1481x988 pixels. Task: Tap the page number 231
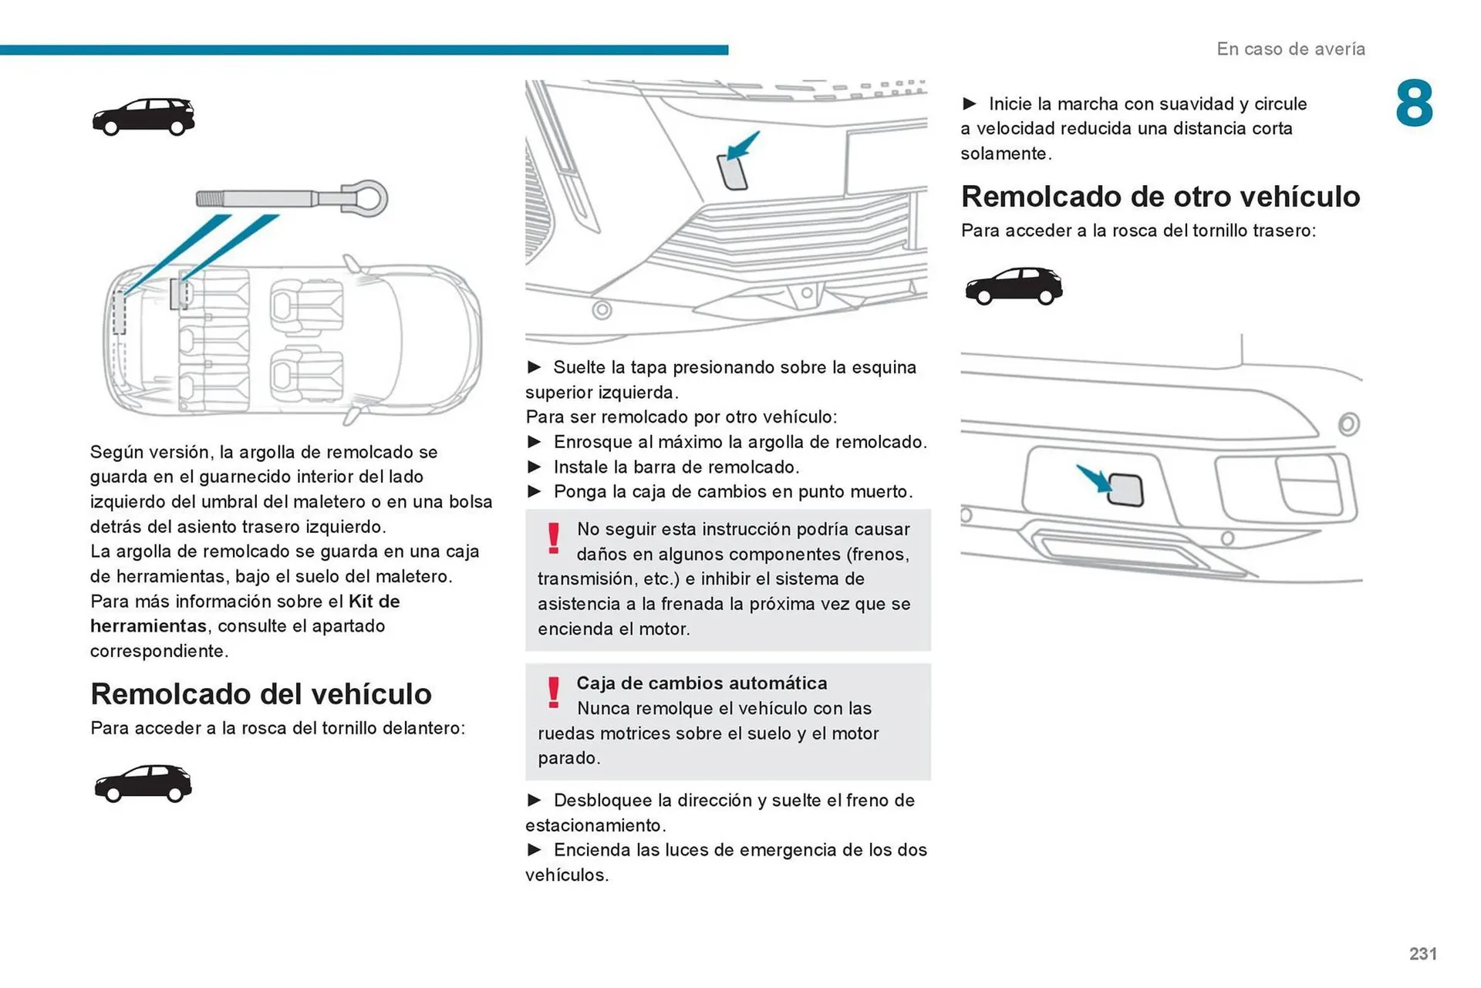tap(1422, 953)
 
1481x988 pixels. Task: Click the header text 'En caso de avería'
tap(1290, 49)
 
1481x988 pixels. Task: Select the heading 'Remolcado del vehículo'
tap(261, 693)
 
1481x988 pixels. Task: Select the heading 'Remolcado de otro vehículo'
tap(1160, 196)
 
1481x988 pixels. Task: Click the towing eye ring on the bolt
tap(369, 198)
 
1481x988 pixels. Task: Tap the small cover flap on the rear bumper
tap(1125, 490)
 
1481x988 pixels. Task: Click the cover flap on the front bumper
tap(732, 172)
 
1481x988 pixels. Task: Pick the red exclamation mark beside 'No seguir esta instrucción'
tap(553, 538)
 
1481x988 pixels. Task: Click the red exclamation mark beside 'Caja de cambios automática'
tap(553, 692)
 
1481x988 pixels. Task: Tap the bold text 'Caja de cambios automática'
tap(701, 683)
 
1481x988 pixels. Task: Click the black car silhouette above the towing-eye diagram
tap(143, 116)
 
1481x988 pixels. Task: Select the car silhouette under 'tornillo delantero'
tap(143, 784)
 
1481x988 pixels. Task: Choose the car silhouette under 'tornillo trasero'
tap(1013, 285)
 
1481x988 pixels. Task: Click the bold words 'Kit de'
tap(374, 601)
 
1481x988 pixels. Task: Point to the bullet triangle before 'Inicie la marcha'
tap(970, 103)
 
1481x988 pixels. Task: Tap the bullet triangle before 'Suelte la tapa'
tap(534, 367)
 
